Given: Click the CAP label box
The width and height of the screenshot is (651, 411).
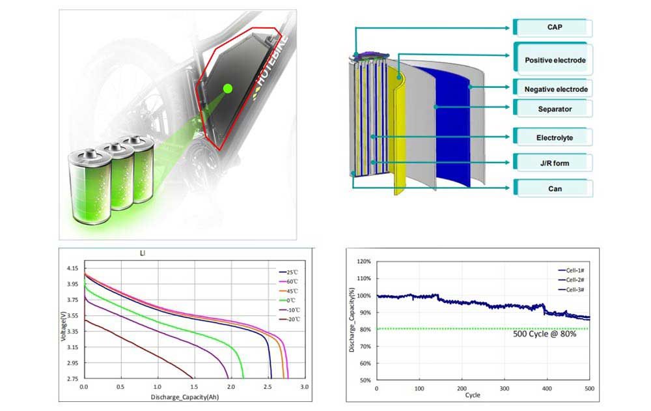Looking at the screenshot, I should click(555, 28).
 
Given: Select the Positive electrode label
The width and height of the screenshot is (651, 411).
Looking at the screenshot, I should click(555, 60).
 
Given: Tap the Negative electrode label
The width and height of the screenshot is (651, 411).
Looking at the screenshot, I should click(555, 89).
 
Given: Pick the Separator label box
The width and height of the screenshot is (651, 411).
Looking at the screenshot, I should click(555, 109).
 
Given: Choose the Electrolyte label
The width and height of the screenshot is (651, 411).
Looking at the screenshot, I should click(555, 138).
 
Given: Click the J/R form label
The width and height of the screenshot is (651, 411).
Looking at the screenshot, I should click(555, 163).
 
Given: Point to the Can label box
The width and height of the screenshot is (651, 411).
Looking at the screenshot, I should click(555, 189).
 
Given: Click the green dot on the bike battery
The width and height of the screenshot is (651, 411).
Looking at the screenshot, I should click(227, 87).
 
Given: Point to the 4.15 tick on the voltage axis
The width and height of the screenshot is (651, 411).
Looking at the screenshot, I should click(72, 268).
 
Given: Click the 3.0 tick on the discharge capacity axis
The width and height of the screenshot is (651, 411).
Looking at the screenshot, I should click(304, 387).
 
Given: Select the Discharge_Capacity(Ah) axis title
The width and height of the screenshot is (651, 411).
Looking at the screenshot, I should click(186, 396).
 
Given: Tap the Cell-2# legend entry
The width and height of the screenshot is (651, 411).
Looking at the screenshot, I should click(574, 279).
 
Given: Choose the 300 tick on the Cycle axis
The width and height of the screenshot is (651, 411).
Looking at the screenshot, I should click(504, 388).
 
